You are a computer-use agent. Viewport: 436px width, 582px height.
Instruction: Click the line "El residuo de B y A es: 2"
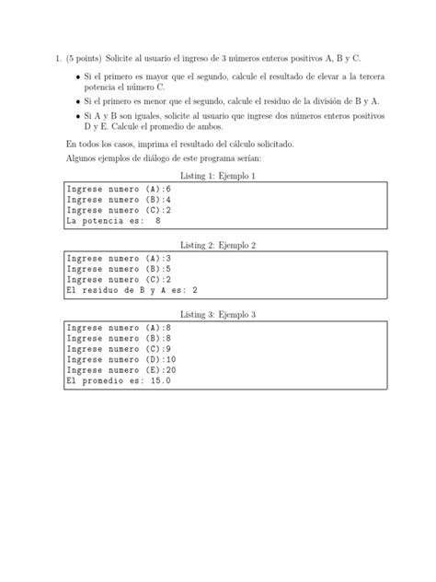(x=132, y=291)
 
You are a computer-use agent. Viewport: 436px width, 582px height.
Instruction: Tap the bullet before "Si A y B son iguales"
(x=75, y=116)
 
